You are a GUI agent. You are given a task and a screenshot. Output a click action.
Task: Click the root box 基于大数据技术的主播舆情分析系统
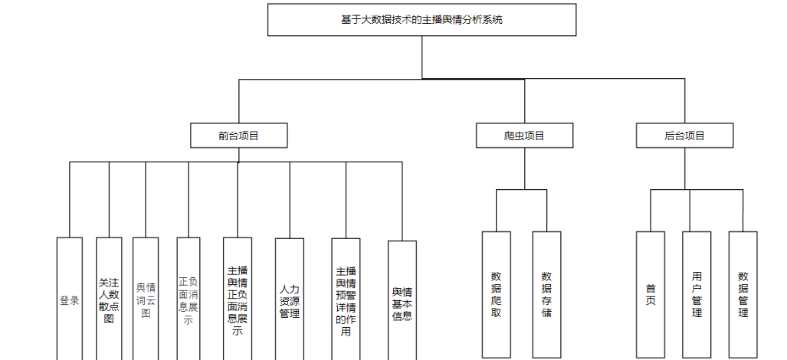pyautogui.click(x=421, y=20)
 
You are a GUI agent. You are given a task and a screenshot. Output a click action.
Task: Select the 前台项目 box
pyautogui.click(x=238, y=136)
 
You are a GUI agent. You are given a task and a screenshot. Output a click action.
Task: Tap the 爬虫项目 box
pyautogui.click(x=524, y=136)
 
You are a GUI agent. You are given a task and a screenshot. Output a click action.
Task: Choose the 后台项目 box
pyautogui.click(x=684, y=136)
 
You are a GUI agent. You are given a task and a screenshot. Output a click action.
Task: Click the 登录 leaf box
pyautogui.click(x=69, y=299)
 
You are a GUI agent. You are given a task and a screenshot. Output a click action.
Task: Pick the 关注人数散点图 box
pyautogui.click(x=109, y=299)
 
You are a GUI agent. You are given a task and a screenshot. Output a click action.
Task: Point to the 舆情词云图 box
pyautogui.click(x=146, y=299)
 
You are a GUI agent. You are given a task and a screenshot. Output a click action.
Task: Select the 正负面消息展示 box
pyautogui.click(x=189, y=299)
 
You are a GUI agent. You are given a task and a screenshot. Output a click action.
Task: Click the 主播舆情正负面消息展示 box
pyautogui.click(x=238, y=299)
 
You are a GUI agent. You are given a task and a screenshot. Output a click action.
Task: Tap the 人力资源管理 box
pyautogui.click(x=290, y=299)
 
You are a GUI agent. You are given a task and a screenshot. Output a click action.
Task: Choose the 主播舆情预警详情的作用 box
pyautogui.click(x=346, y=299)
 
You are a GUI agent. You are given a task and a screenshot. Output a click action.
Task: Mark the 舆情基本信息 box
pyautogui.click(x=402, y=300)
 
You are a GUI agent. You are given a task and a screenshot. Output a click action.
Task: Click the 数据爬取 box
pyautogui.click(x=497, y=295)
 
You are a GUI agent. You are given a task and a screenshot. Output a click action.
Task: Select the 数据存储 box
pyautogui.click(x=546, y=295)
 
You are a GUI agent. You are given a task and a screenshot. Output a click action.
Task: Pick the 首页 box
pyautogui.click(x=651, y=295)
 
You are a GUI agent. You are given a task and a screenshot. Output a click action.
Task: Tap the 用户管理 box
pyautogui.click(x=696, y=295)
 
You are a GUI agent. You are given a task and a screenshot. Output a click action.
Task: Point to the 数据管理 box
pyautogui.click(x=743, y=295)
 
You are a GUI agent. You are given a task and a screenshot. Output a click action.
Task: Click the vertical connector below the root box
pyautogui.click(x=421, y=57)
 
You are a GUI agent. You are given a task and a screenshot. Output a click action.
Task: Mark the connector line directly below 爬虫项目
pyautogui.click(x=524, y=169)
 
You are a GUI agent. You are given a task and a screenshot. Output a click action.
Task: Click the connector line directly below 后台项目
pyautogui.click(x=684, y=169)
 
